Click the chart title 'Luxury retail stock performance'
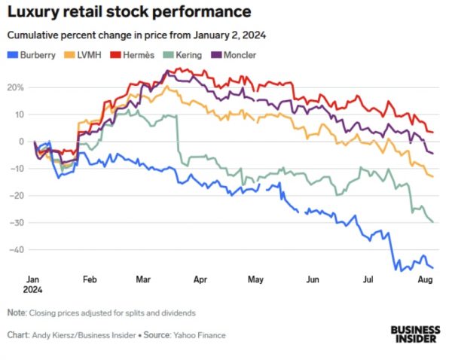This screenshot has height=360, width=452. [128, 13]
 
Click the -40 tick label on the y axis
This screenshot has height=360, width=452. [15, 249]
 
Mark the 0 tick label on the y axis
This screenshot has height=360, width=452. [21, 142]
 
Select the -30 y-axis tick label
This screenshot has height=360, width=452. [15, 222]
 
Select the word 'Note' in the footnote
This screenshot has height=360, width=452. [16, 313]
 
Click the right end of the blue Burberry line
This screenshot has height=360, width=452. [432, 267]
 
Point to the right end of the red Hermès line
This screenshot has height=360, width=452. [432, 132]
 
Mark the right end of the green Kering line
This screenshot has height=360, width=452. [432, 221]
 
